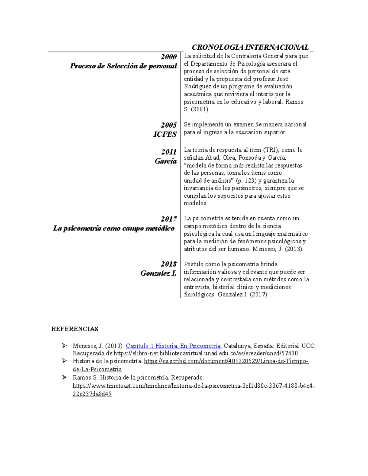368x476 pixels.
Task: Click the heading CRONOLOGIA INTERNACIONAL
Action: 250,47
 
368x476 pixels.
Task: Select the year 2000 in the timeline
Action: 169,57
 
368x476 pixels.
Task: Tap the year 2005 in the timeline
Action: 169,125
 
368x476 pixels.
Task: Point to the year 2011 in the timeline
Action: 169,152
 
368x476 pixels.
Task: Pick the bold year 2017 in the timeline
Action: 169,219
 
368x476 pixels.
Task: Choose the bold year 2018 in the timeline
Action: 169,264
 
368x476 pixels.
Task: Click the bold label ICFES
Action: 165,134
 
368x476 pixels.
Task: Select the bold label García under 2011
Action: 166,161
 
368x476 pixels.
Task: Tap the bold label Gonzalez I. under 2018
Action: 159,273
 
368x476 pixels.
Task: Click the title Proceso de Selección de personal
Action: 124,66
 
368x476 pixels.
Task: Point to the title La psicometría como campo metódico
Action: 114,228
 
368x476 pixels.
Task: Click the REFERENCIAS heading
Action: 75,329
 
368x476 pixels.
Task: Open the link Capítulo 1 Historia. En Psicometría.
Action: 174,346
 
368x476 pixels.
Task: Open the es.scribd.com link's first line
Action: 226,361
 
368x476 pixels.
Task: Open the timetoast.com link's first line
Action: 194,386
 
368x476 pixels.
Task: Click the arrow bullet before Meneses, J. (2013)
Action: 64,346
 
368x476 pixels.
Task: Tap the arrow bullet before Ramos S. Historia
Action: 64,377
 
